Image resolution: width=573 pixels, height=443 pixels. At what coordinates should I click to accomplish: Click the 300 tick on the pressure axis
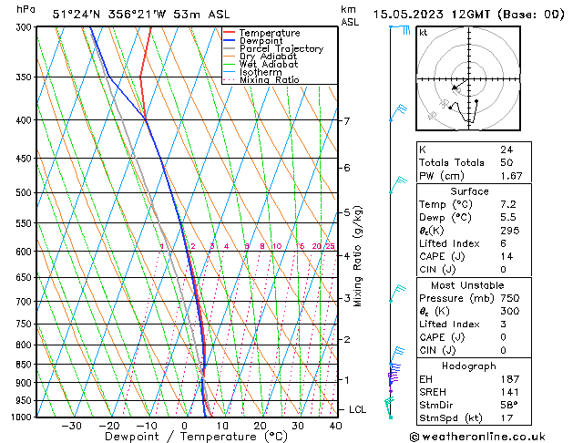[x=21, y=27]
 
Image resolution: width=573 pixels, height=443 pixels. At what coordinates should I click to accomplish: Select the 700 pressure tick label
[x=21, y=301]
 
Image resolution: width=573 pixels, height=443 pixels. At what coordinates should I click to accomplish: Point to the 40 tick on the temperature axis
[x=335, y=426]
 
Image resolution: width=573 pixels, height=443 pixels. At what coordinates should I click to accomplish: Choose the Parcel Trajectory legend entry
[x=281, y=49]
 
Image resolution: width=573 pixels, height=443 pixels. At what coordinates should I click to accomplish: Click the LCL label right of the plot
[x=357, y=410]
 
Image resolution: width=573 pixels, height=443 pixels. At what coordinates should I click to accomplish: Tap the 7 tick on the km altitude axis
[x=346, y=120]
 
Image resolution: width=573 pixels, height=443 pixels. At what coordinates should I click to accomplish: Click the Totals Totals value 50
[x=506, y=162]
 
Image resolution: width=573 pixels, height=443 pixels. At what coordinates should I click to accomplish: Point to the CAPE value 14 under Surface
[x=506, y=256]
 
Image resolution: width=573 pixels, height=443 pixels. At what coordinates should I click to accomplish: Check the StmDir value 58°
[x=507, y=404]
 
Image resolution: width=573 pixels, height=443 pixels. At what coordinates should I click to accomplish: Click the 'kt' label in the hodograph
[x=424, y=33]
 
